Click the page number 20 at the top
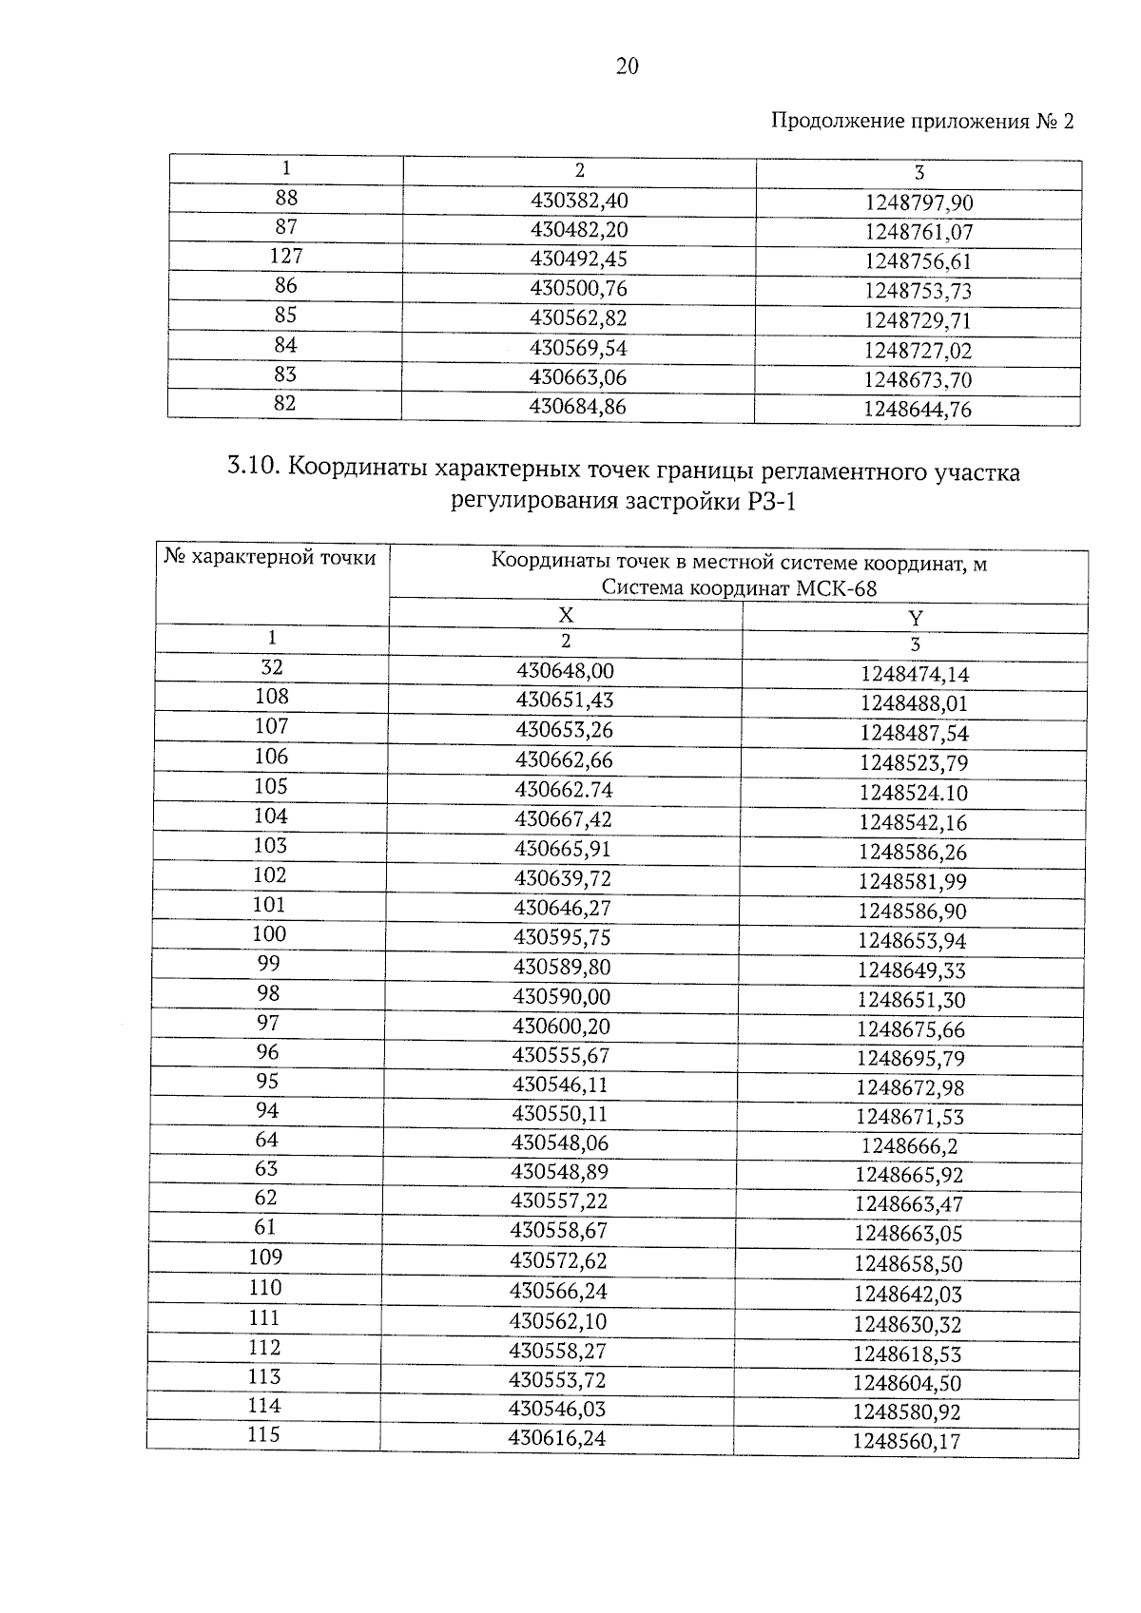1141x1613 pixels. pos(628,66)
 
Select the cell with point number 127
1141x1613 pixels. pos(286,257)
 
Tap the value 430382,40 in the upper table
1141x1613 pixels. pos(579,201)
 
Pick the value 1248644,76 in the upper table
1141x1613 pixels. pos(918,410)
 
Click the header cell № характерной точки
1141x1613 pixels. pos(270,557)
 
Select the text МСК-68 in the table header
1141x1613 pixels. pos(836,588)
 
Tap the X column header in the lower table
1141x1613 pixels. pos(566,615)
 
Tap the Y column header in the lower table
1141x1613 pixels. pos(916,618)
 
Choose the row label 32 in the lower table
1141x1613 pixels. pos(272,668)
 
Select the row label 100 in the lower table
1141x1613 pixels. pos(269,934)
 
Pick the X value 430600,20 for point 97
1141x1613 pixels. pos(561,1027)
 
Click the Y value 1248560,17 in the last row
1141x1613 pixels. pos(906,1441)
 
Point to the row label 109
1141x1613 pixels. pos(265,1258)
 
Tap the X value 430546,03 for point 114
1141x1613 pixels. pos(557,1408)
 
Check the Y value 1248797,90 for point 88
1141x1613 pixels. pos(919,202)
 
